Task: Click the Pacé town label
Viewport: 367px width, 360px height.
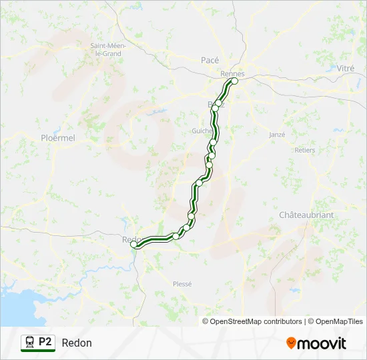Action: (x=210, y=60)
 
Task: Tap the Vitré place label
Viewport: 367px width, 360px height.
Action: (x=345, y=69)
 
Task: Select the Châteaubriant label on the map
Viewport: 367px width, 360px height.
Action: (x=306, y=215)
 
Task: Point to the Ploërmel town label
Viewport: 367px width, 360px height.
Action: (x=58, y=138)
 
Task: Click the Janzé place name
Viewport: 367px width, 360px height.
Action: (x=276, y=135)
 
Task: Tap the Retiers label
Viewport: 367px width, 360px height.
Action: (x=304, y=150)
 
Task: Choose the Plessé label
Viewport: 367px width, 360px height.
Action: (x=182, y=283)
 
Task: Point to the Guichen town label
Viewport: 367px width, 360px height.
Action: (x=201, y=131)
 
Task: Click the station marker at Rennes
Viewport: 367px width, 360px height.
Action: (x=234, y=81)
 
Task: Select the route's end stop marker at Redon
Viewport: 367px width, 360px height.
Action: (x=134, y=245)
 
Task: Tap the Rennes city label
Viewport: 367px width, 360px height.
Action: (x=232, y=73)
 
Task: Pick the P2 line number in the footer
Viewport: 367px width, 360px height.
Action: (x=45, y=342)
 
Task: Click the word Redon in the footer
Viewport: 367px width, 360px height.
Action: (x=77, y=343)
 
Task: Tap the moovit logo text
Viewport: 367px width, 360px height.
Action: (x=322, y=343)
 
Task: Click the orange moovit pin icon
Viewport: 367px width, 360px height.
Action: (x=291, y=343)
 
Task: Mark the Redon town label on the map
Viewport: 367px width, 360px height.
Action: (x=129, y=239)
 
